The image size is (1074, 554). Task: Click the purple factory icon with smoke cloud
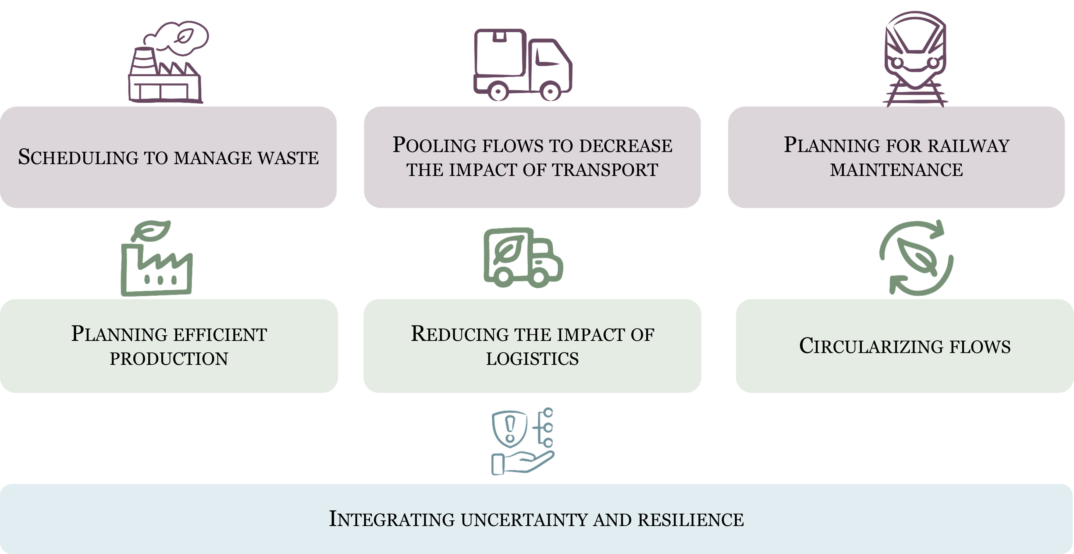point(167,63)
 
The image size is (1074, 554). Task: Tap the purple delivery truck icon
point(523,65)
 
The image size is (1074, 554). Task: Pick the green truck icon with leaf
point(523,258)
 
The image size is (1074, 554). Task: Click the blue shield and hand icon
point(523,441)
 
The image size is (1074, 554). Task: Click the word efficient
point(220,334)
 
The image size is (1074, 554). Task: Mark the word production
point(169,359)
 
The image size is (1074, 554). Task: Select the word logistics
point(532,359)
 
